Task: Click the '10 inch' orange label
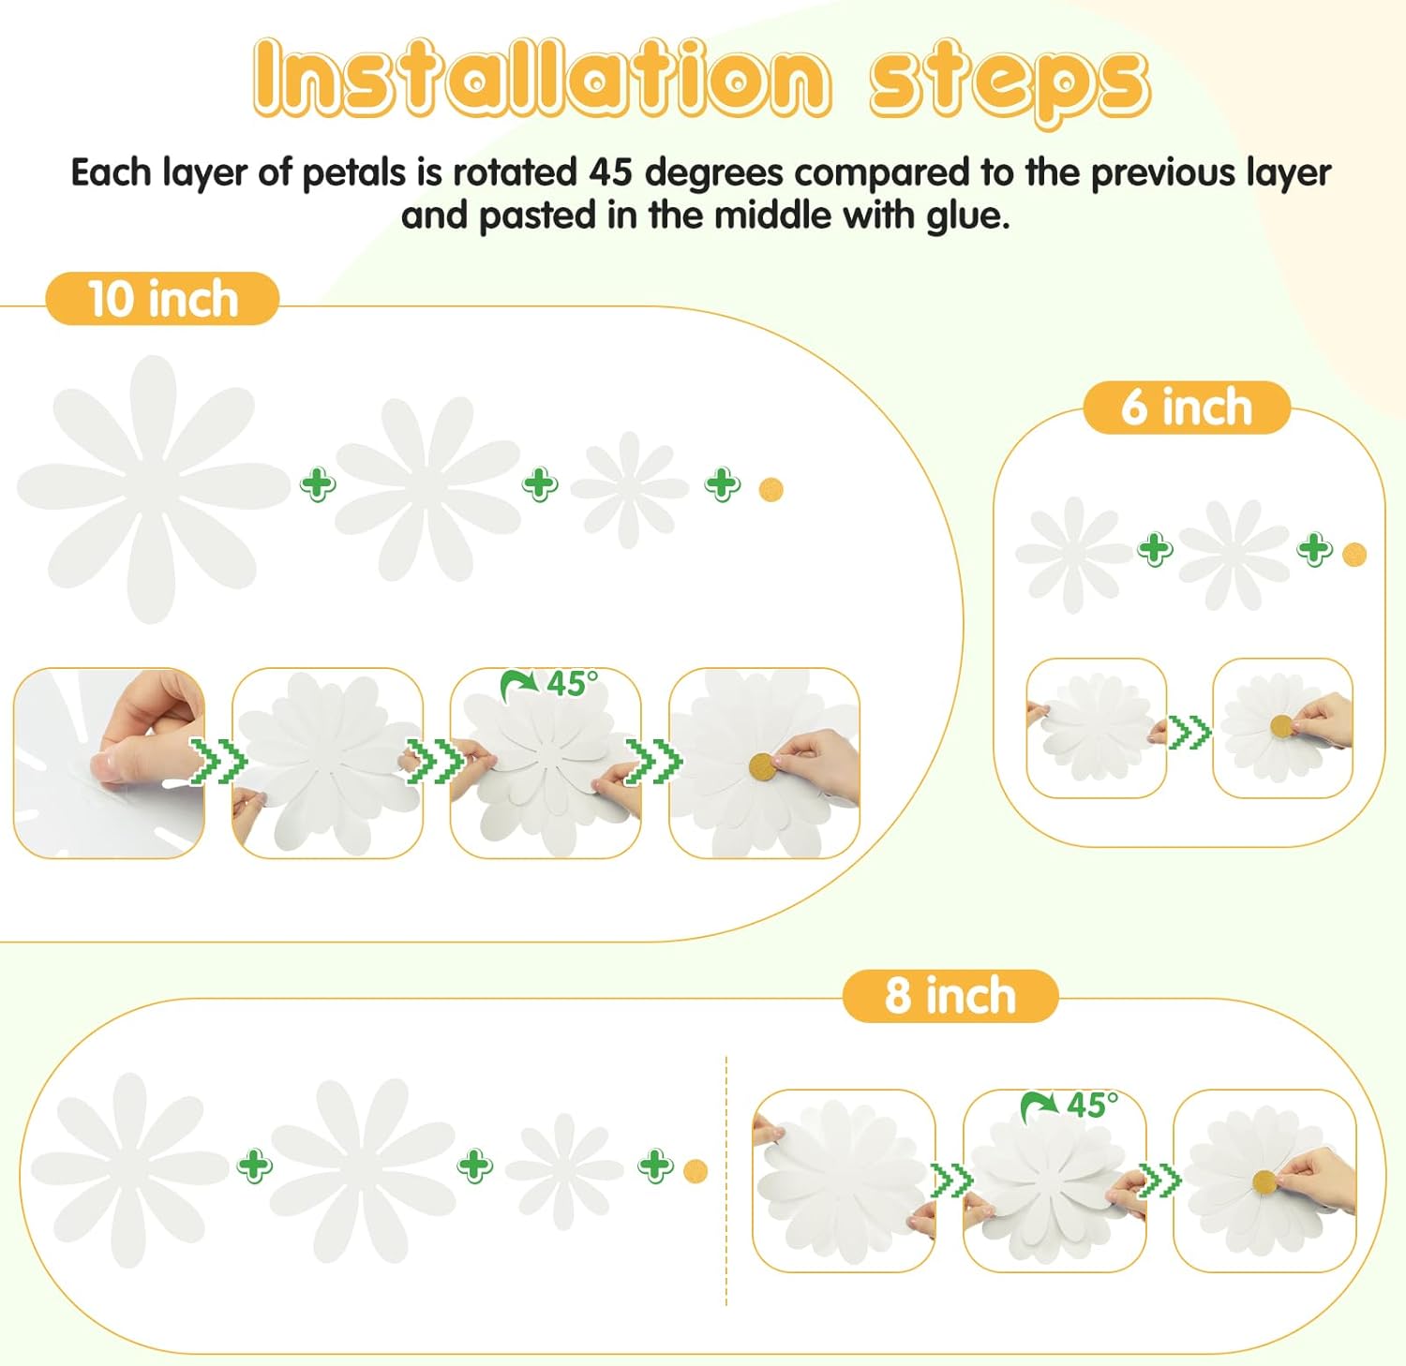pos(162,299)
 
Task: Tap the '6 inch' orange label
pos(1187,408)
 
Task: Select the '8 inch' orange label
pos(950,995)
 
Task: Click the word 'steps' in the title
pos(1008,79)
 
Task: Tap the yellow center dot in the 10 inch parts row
pos(770,490)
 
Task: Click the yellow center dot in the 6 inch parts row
pos(1354,555)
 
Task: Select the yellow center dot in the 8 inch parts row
pos(696,1171)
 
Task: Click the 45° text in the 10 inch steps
pos(572,684)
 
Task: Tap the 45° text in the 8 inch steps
pos(1092,1105)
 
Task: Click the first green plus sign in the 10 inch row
pos(318,484)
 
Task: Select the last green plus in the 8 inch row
pos(655,1166)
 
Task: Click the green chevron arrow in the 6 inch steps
pos(1189,732)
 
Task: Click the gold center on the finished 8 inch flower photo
pos(1264,1182)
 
